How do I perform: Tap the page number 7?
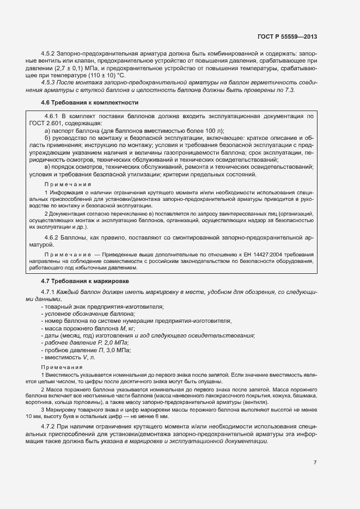click(315, 463)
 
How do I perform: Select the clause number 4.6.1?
click(53, 116)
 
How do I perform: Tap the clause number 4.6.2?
click(53, 238)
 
